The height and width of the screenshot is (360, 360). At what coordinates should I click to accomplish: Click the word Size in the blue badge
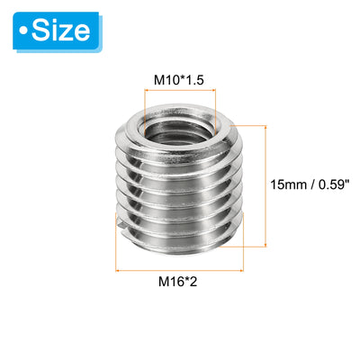[x=61, y=31]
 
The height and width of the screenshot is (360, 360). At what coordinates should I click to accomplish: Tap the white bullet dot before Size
[x=23, y=31]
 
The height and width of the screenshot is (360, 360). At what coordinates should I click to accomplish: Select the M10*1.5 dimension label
[x=179, y=80]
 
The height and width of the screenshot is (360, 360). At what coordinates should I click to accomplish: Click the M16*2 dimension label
[x=178, y=282]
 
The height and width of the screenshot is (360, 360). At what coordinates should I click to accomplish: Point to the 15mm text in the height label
[x=288, y=184]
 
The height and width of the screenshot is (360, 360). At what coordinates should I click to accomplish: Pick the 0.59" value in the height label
[x=335, y=184]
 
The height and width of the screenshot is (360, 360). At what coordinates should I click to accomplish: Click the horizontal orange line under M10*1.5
[x=180, y=89]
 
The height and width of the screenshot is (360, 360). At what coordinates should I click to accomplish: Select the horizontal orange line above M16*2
[x=179, y=271]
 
